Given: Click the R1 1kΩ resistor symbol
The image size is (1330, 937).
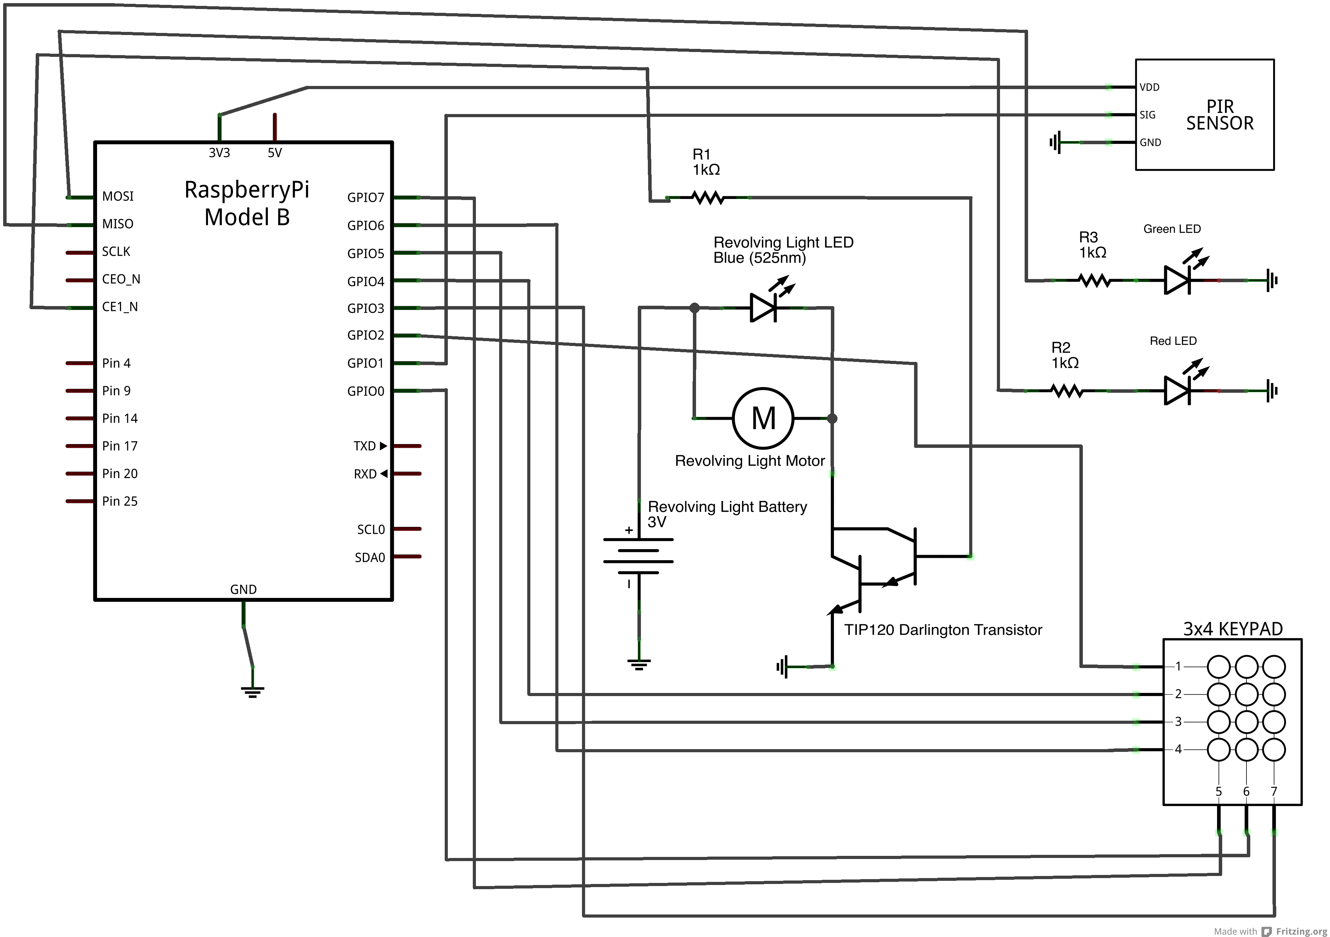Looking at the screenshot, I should pos(708,198).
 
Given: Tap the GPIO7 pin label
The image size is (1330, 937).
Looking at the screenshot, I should pos(366,198).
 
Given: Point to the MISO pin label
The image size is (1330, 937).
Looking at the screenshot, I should pos(118,224).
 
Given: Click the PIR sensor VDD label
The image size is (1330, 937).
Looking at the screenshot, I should pos(1149,87).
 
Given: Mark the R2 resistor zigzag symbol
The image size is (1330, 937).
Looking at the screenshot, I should pos(1067,391).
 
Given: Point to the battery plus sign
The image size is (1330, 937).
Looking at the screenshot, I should pos(628,530).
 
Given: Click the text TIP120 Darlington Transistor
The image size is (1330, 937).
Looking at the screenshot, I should pos(942,630).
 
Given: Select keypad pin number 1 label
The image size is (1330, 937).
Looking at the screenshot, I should pos(1177,666).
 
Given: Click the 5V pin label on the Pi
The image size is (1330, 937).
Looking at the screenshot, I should pos(275,153).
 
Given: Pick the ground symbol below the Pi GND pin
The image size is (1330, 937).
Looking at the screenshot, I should pos(253,691).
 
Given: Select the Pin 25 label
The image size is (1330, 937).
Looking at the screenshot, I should pos(120,501).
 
